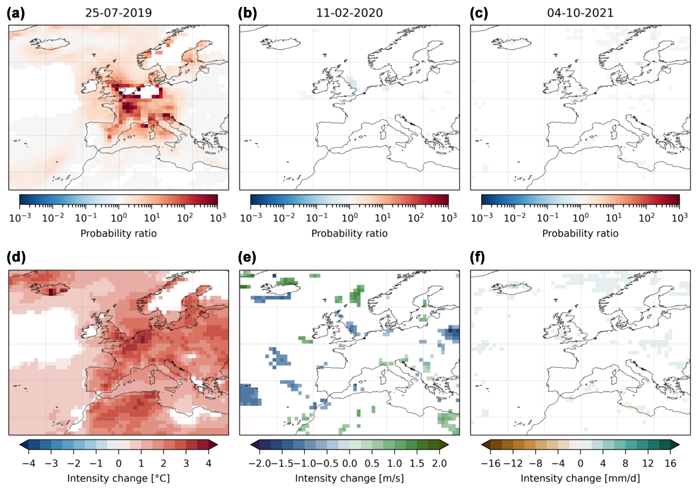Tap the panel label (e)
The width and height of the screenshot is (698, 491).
point(248,259)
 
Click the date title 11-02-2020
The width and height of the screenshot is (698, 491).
point(350,13)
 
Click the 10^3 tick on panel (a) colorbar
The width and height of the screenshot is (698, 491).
point(217,217)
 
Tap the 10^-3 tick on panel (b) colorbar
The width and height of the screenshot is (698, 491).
point(250,217)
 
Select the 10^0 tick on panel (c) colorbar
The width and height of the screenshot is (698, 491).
point(580,217)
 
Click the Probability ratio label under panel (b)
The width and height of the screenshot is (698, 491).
point(350,233)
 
